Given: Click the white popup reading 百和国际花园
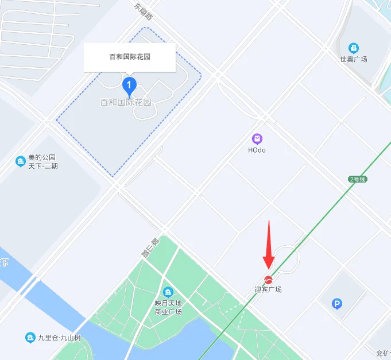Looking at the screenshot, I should pos(129,57).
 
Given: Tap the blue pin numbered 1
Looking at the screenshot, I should pos(130,86).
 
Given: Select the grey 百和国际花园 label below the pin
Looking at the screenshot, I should pos(126,103).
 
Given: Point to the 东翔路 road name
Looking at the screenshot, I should pos(144,12).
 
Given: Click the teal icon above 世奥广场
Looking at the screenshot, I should pos(354,48).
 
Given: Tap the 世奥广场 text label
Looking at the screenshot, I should pos(354,59).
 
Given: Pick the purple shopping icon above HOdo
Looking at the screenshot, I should pos(257,138).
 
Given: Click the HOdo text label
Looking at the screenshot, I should pos(257,150).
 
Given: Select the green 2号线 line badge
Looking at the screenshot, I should pos(358,179).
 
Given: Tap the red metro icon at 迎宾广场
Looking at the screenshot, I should pos(268,279).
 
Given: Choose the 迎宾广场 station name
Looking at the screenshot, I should pos(268,289).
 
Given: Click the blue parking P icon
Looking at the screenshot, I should pos(337,304).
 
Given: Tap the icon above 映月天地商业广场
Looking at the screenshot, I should pos(168,292).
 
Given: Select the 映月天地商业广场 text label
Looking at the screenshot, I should pos(168,307).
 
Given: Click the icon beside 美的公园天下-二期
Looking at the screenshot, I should pos(21,161).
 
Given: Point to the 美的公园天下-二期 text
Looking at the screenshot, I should pos(43,162).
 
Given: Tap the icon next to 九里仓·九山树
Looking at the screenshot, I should pos(30,338).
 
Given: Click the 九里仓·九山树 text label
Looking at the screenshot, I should pos(59,338).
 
